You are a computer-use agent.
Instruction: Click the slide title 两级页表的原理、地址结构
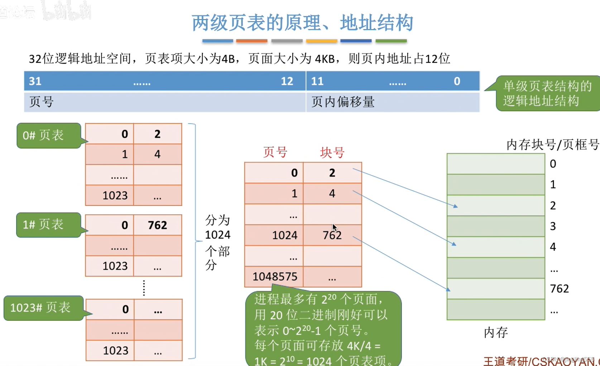(x=302, y=23)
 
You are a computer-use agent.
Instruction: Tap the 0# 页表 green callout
(x=48, y=135)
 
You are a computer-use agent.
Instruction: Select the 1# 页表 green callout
(x=48, y=225)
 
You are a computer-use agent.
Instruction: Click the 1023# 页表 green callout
(x=43, y=308)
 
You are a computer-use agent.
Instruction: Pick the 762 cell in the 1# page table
(x=157, y=225)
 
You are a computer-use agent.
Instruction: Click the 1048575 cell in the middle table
(x=274, y=276)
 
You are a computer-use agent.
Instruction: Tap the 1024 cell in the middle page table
(x=284, y=235)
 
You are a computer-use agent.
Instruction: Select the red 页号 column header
(x=275, y=153)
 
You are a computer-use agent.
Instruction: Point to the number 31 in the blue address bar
(x=35, y=81)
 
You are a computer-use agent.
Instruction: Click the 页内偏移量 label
(x=343, y=102)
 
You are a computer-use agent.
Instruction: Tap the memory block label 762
(x=559, y=289)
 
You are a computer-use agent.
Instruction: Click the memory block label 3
(x=553, y=226)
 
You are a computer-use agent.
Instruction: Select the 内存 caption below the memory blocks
(x=495, y=333)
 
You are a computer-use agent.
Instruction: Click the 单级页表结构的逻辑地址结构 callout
(x=547, y=93)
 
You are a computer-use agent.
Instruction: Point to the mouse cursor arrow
(x=334, y=227)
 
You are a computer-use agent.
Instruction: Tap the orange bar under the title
(x=251, y=41)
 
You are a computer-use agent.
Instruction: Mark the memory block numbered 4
(x=496, y=247)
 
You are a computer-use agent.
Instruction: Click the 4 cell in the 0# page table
(x=157, y=154)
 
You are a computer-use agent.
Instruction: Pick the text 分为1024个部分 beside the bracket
(x=217, y=243)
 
